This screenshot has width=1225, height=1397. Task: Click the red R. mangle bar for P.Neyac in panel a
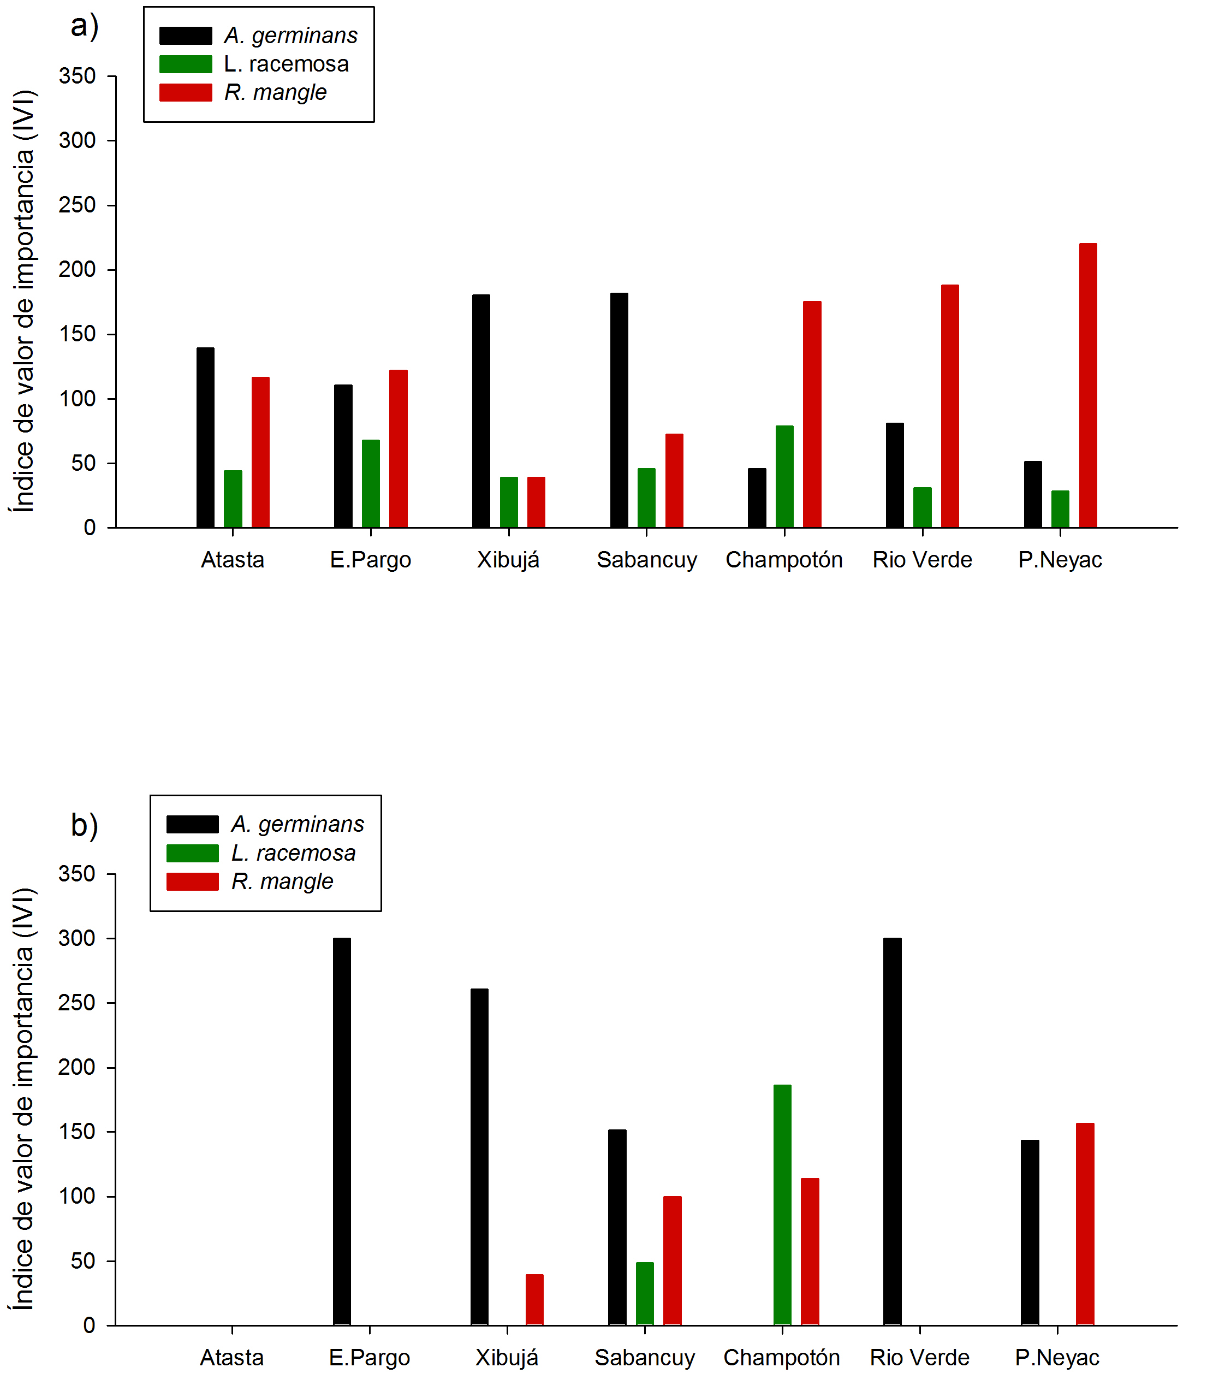pos(1087,386)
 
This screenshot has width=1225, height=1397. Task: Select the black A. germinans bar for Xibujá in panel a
pos(481,411)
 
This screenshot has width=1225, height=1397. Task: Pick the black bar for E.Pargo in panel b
pos(342,1132)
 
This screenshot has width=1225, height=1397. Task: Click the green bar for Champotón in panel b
pos(782,1205)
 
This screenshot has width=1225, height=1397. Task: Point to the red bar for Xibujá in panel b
pos(534,1299)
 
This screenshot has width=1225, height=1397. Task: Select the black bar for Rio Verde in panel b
pos(893,1132)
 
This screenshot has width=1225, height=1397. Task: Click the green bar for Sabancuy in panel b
pos(645,1294)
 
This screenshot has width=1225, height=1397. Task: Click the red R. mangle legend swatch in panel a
pos(186,92)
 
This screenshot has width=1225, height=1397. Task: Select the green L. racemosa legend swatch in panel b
pos(193,853)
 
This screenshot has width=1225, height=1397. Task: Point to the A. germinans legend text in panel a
pos(291,35)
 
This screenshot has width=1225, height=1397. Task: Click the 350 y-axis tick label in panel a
pos(77,76)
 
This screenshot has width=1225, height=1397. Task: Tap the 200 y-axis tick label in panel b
pos(76,1067)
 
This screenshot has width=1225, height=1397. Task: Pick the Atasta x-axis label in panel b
pos(231,1357)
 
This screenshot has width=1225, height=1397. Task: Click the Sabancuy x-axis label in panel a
pos(646,560)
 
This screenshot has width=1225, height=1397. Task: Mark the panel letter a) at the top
pos(85,26)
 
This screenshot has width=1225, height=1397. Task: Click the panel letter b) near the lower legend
pos(85,825)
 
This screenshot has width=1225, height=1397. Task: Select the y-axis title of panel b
pos(22,1098)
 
